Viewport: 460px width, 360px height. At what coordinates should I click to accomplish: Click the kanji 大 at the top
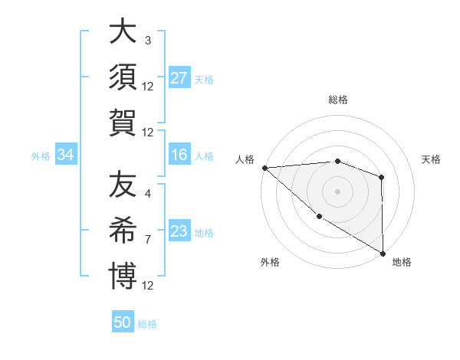click(x=123, y=33)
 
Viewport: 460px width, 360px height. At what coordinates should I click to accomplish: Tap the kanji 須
click(x=123, y=77)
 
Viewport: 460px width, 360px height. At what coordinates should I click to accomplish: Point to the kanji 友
click(x=123, y=185)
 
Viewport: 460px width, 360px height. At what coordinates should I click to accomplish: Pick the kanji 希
click(x=123, y=229)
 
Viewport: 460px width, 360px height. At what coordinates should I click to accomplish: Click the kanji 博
click(x=123, y=273)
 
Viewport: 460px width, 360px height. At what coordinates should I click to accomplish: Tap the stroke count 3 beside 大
click(x=147, y=40)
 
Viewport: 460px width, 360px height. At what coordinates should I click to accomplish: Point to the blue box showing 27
click(x=179, y=78)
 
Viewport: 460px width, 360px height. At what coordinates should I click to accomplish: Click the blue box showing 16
click(x=179, y=155)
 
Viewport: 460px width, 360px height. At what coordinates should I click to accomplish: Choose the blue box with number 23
click(x=179, y=232)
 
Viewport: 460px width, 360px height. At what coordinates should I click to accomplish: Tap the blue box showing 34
click(x=65, y=155)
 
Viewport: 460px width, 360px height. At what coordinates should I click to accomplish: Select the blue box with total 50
click(x=123, y=322)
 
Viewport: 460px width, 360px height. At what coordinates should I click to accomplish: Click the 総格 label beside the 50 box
click(x=147, y=324)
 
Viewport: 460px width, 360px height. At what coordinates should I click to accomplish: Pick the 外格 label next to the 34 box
click(x=41, y=156)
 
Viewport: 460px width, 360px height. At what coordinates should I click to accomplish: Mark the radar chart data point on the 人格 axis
click(x=264, y=168)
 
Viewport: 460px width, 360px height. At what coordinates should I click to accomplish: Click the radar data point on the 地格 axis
click(x=382, y=254)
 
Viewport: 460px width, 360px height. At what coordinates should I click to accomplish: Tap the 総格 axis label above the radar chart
click(x=337, y=100)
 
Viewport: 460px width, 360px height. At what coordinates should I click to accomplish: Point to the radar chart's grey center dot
click(x=337, y=191)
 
